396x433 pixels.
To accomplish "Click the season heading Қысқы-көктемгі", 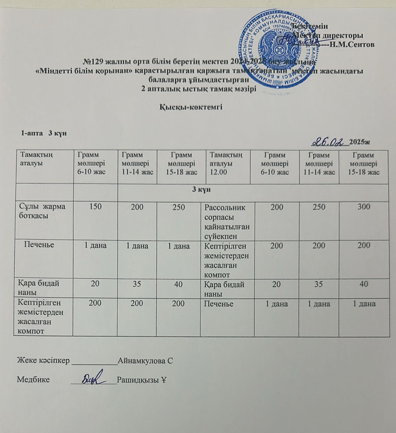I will click(190, 107).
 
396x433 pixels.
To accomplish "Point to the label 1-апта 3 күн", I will click(44, 133).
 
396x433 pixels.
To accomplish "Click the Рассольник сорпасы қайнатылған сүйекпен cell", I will click(227, 222).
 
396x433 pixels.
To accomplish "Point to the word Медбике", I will click(33, 380).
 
